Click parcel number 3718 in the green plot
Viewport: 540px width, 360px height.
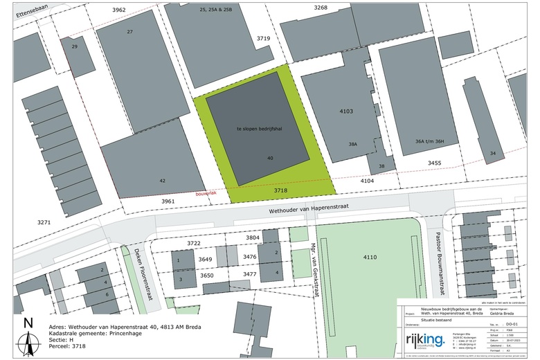(x=280, y=188)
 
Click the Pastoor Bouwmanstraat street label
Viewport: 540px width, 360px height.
(x=438, y=264)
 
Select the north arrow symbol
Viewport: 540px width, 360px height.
(x=28, y=337)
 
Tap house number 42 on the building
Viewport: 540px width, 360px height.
(x=162, y=181)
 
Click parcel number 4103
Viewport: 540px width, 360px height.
(x=347, y=111)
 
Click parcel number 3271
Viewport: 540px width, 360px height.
(x=44, y=222)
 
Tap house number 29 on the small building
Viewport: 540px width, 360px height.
(x=75, y=46)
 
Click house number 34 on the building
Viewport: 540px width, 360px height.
(x=493, y=152)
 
